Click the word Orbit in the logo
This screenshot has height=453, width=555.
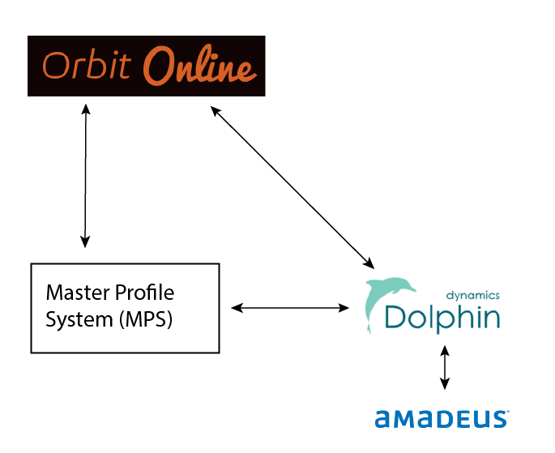(88, 66)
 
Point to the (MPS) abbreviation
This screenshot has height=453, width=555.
(147, 319)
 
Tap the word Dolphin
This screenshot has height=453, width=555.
(442, 317)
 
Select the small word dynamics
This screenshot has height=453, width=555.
(473, 296)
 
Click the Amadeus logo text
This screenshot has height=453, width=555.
(442, 418)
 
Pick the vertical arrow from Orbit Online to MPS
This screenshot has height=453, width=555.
(85, 174)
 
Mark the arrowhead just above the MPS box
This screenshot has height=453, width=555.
(85, 241)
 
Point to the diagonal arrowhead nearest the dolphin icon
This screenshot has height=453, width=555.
(369, 263)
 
